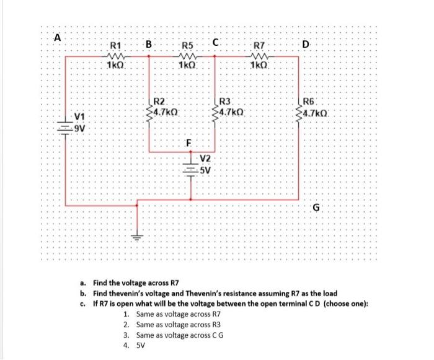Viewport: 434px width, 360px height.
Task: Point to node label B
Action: [x=148, y=44]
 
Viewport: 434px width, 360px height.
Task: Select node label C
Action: [x=215, y=43]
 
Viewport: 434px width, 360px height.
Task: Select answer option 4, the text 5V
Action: [x=140, y=346]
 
